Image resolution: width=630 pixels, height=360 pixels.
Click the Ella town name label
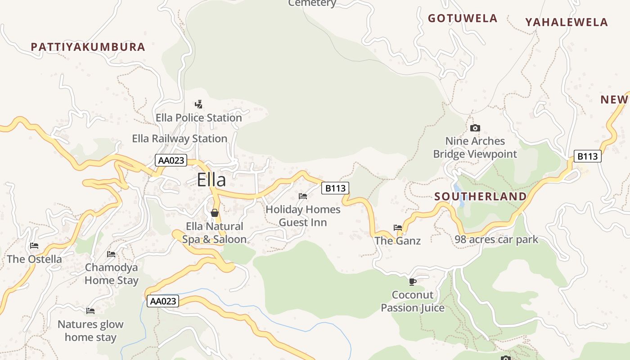pyautogui.click(x=211, y=180)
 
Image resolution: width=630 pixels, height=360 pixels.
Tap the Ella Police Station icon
pyautogui.click(x=198, y=104)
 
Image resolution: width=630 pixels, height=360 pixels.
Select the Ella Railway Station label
pyautogui.click(x=180, y=139)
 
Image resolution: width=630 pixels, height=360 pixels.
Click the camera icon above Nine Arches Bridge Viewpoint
pyautogui.click(x=475, y=128)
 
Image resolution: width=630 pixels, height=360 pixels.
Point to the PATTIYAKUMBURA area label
pyautogui.click(x=88, y=47)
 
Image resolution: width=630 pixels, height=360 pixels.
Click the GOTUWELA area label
pyautogui.click(x=463, y=18)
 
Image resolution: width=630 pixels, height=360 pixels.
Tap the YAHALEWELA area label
pyautogui.click(x=567, y=22)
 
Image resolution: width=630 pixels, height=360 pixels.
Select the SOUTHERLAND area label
pyautogui.click(x=481, y=197)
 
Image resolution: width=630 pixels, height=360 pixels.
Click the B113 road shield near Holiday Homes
pyautogui.click(x=335, y=188)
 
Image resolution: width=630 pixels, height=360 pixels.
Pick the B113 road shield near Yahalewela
pyautogui.click(x=588, y=156)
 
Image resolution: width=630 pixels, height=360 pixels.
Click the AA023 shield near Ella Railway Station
pyautogui.click(x=171, y=160)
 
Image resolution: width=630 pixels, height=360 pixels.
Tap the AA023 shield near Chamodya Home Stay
pyautogui.click(x=163, y=301)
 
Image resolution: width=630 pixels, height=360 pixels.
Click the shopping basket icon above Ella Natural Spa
pyautogui.click(x=215, y=212)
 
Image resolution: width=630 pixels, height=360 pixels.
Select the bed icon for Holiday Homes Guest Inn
pyautogui.click(x=303, y=196)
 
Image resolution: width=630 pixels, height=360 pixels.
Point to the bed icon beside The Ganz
pyautogui.click(x=398, y=228)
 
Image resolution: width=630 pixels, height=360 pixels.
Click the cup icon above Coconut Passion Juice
pyautogui.click(x=412, y=282)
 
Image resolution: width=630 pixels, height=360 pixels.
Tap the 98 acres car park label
pyautogui.click(x=496, y=239)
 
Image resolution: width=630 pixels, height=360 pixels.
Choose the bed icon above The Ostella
pyautogui.click(x=34, y=246)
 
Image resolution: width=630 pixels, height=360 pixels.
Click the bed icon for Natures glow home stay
pyautogui.click(x=90, y=310)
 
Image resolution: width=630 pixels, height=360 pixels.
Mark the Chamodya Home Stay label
pyautogui.click(x=112, y=274)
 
